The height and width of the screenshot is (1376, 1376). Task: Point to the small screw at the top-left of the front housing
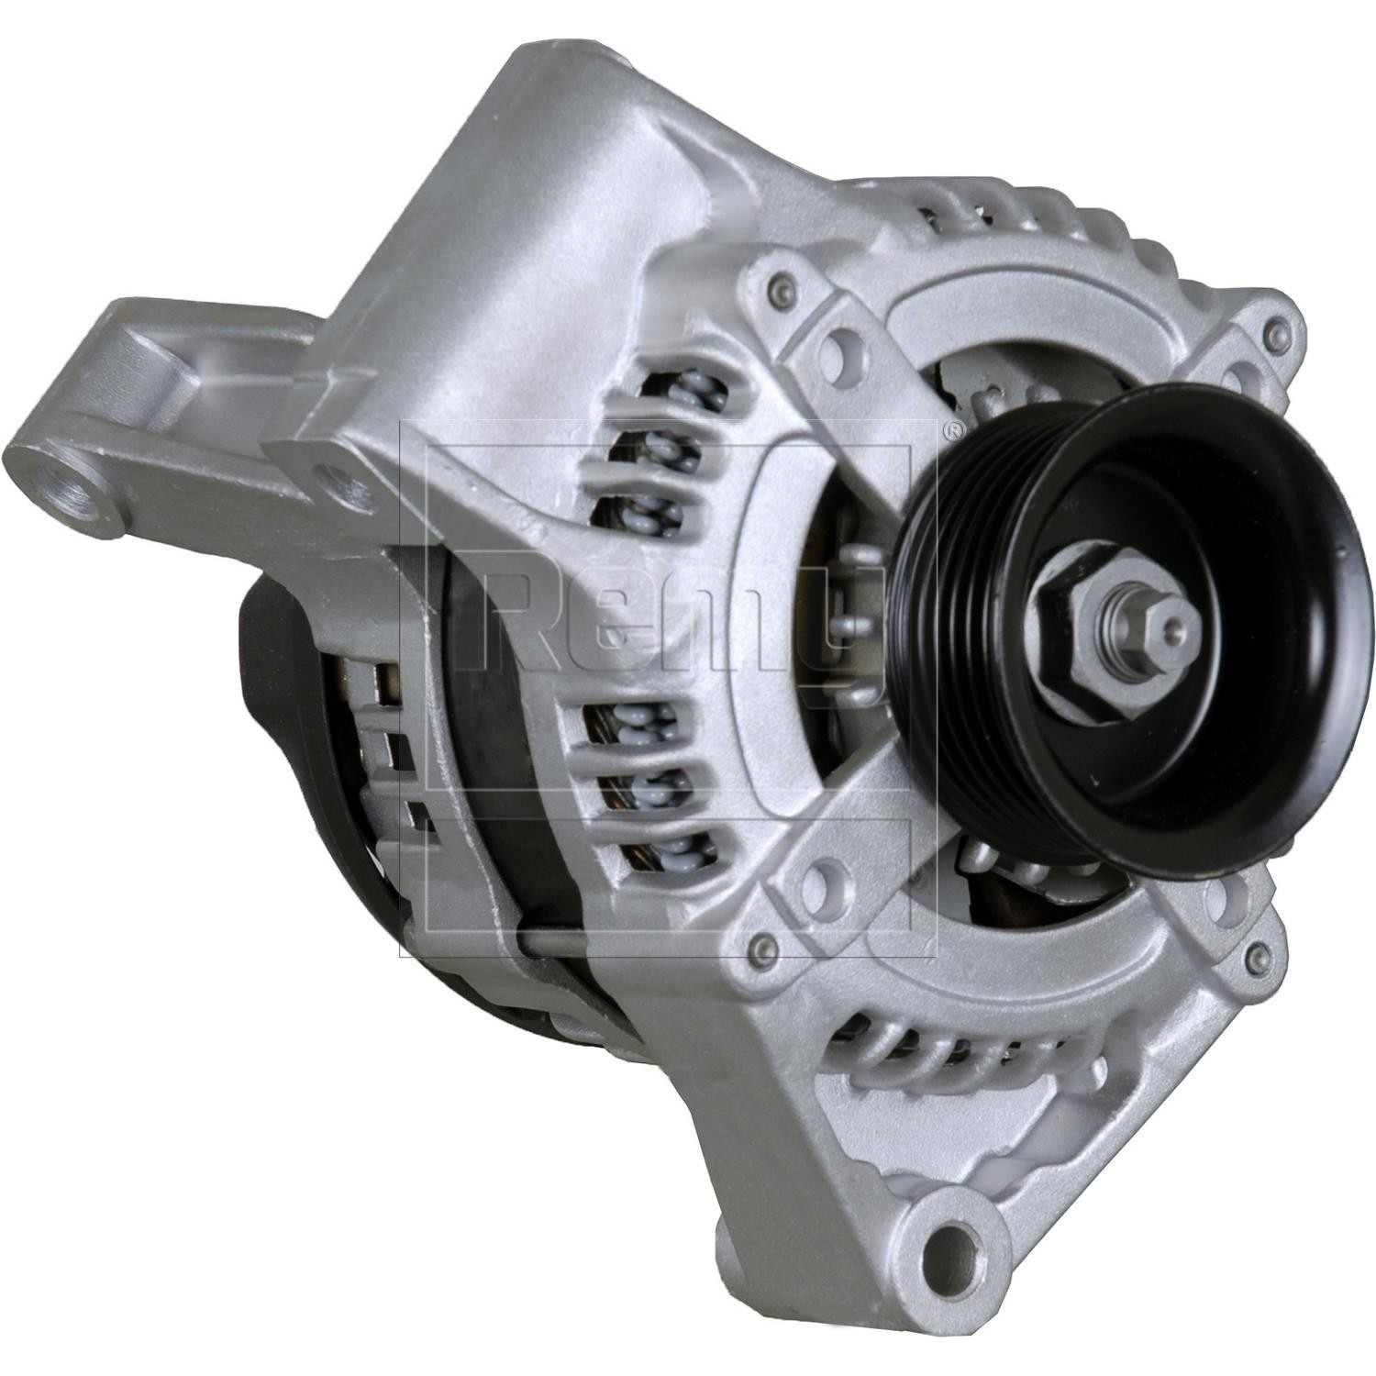tap(781, 283)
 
